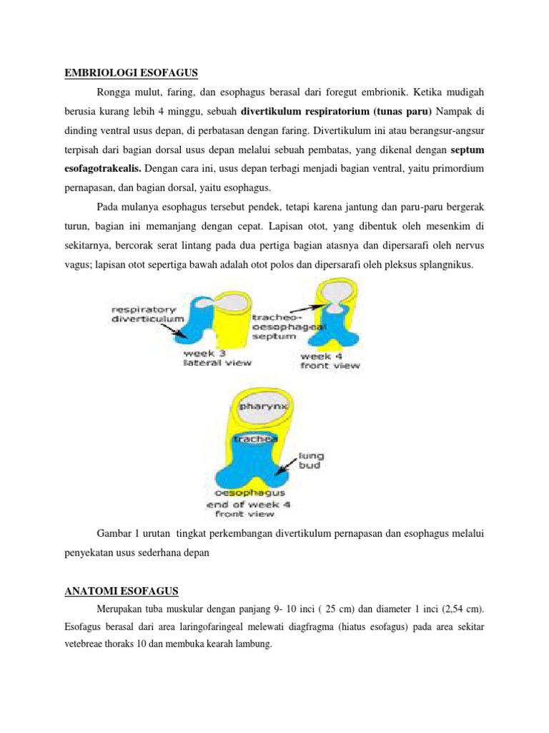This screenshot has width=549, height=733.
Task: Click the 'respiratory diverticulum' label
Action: click(x=148, y=314)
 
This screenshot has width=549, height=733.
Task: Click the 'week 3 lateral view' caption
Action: click(x=217, y=358)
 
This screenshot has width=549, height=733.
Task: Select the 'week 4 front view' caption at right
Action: click(x=329, y=360)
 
